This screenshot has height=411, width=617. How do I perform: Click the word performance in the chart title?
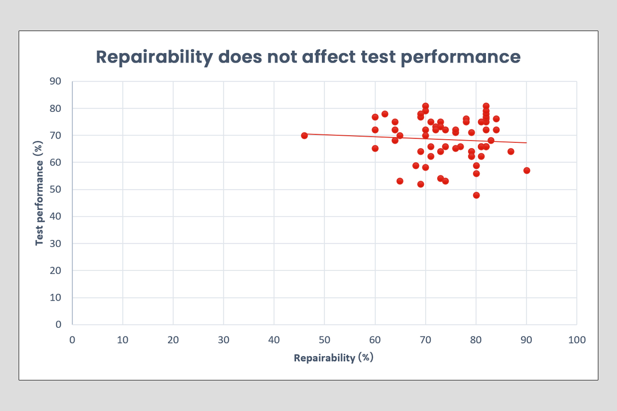click(460, 57)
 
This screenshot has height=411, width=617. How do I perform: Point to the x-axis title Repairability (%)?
click(333, 358)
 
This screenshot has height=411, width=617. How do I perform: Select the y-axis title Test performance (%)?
click(40, 202)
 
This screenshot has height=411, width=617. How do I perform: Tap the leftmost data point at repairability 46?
click(304, 135)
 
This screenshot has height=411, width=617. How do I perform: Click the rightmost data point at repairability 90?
click(527, 171)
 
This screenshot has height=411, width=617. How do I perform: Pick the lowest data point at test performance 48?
click(476, 195)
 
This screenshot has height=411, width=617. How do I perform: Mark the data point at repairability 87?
click(511, 151)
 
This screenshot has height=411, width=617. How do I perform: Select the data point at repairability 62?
click(385, 114)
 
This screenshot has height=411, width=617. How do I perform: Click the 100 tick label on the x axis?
click(577, 340)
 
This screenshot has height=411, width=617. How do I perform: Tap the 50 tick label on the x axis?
click(324, 340)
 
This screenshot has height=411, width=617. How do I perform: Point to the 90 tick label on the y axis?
click(56, 82)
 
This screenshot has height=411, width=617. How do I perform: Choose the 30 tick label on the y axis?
click(56, 244)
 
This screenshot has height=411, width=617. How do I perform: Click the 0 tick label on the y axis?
click(59, 324)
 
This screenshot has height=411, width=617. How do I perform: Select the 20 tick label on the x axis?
click(173, 340)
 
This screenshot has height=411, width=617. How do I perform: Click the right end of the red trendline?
click(526, 142)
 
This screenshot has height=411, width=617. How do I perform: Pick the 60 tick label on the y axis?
click(56, 162)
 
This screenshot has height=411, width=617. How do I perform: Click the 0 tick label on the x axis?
click(72, 340)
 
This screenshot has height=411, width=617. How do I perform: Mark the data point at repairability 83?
click(491, 141)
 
